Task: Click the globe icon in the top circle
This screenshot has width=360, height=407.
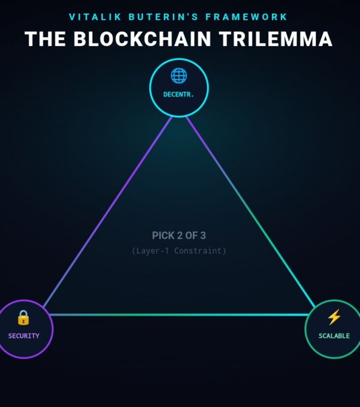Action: click(179, 75)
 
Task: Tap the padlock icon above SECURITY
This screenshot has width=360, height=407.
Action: click(23, 317)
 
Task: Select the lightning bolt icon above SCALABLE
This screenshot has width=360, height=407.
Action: click(334, 317)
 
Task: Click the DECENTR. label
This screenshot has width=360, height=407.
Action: click(179, 95)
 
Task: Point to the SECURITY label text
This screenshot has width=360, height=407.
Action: click(23, 336)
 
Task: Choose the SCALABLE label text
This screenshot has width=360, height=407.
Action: click(334, 336)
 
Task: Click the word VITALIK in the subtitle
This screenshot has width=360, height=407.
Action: click(95, 17)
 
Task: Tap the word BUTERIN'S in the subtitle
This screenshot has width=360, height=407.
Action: click(164, 17)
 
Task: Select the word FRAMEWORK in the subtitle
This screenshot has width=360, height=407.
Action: click(246, 17)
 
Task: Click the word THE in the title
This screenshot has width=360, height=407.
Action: click(46, 39)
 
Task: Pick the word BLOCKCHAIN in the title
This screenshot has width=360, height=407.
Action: click(143, 39)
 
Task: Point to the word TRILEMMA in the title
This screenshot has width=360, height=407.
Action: click(276, 39)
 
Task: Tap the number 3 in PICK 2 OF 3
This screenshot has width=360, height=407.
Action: click(203, 235)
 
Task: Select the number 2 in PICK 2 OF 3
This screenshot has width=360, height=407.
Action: click(180, 235)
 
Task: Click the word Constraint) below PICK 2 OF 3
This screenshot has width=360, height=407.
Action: click(200, 251)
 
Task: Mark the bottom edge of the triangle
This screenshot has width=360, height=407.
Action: click(179, 315)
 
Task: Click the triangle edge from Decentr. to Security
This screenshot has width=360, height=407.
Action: click(108, 212)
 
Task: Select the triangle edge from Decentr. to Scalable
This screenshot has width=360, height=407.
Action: click(250, 212)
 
